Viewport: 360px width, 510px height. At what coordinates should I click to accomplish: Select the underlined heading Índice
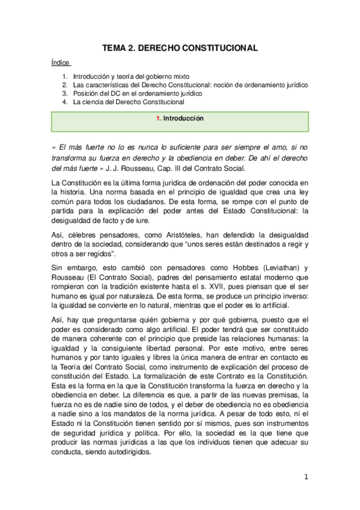[61, 62]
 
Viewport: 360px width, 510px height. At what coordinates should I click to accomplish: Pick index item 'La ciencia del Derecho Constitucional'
[129, 102]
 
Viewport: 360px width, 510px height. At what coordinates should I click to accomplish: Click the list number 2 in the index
[65, 86]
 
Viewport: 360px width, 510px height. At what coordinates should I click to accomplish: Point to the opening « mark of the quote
[54, 147]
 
